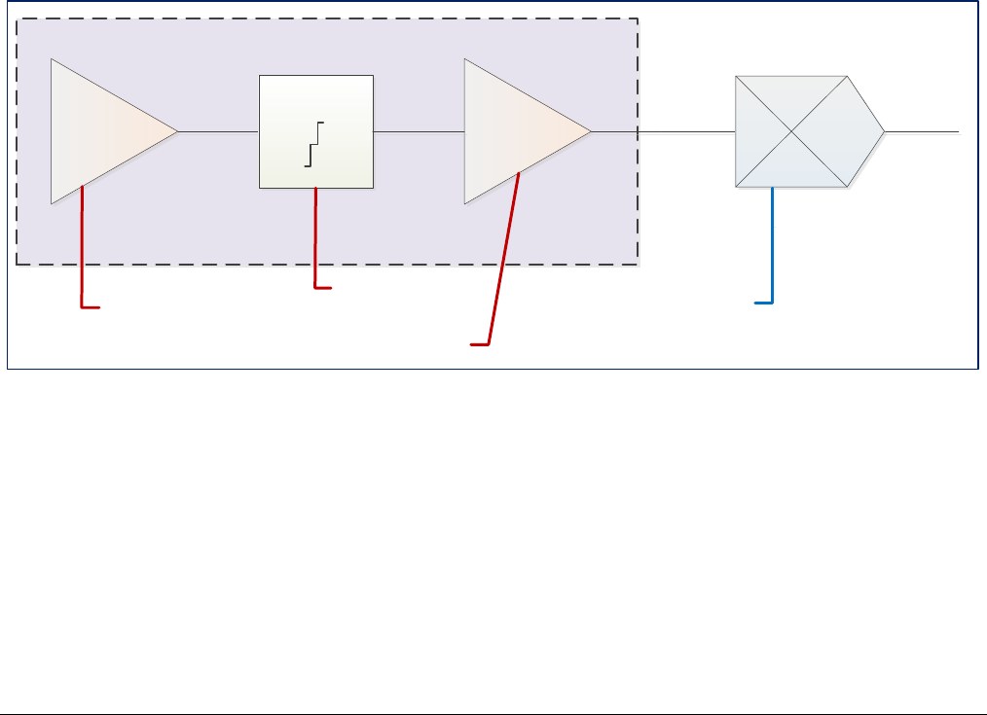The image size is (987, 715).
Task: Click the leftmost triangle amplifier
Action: coord(102,131)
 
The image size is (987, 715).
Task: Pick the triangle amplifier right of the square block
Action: coord(516,131)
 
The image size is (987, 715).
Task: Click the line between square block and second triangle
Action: coord(419,131)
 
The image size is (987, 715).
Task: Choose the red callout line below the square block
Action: coord(315,238)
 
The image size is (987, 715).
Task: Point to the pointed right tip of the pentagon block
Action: coord(882,131)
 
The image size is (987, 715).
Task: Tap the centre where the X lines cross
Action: coord(791,130)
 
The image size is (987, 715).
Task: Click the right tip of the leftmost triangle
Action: coord(176,131)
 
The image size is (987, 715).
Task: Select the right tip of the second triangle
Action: coord(590,131)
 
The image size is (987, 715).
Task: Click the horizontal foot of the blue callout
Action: coord(764,304)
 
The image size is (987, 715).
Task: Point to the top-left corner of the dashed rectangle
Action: coord(17,18)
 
